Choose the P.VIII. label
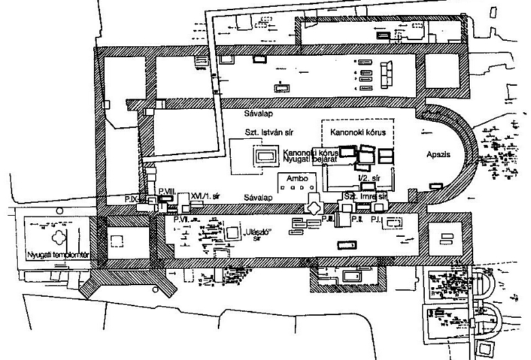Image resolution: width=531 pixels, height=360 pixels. click(167, 193)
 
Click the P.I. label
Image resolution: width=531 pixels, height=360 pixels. click(391, 220)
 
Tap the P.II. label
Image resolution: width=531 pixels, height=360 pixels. click(357, 220)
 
